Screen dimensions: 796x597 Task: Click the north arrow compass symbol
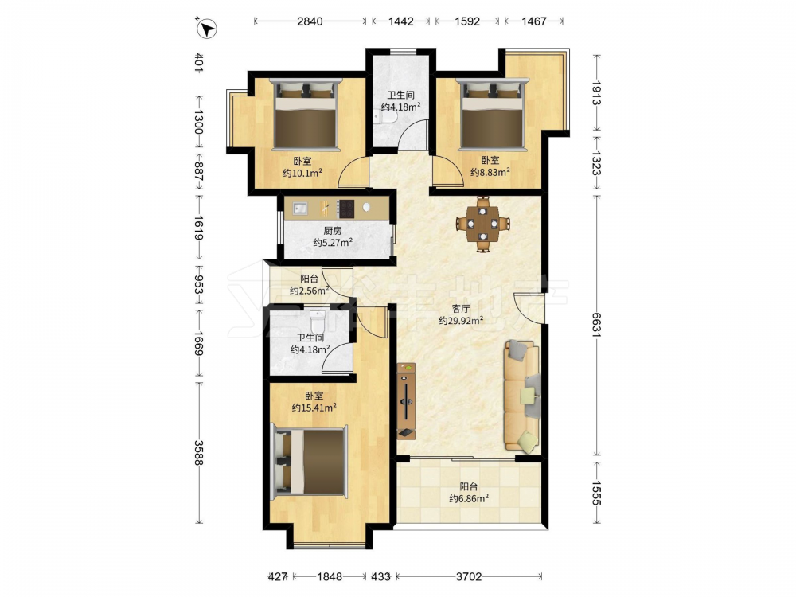206,28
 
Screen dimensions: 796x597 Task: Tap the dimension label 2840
310,21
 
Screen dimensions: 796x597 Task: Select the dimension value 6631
596,324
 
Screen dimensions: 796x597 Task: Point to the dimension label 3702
469,576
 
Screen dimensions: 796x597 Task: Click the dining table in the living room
483,224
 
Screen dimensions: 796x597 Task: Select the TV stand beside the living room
407,400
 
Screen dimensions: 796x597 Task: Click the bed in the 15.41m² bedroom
309,462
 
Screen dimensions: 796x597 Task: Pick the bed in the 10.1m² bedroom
306,114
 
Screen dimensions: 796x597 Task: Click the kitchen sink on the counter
300,208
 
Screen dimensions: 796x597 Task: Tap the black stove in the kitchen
346,209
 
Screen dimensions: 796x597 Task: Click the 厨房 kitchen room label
333,231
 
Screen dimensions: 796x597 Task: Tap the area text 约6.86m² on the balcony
469,498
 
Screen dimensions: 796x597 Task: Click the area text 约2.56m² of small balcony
309,291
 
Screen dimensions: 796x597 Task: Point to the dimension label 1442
401,21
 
